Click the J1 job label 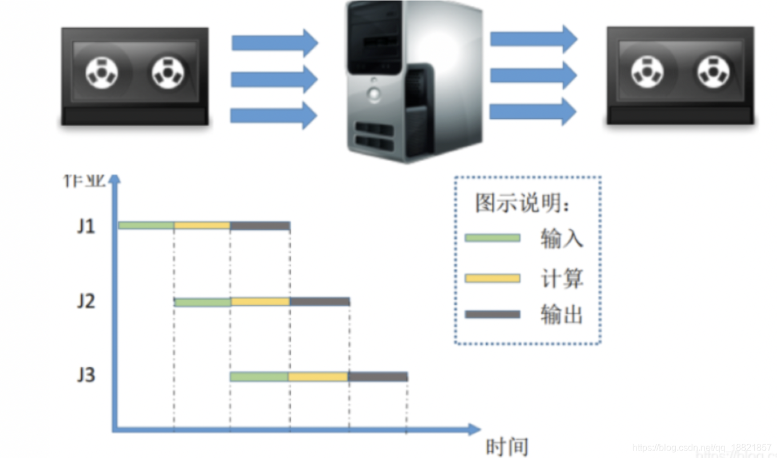tap(86, 226)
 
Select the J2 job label tap(86, 301)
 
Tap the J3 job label tap(86, 376)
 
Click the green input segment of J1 tap(146, 226)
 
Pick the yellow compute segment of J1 tap(202, 226)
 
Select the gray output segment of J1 tap(260, 226)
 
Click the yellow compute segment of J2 tap(261, 301)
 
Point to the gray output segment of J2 tap(320, 301)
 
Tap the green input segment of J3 tap(259, 376)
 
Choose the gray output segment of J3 tap(378, 376)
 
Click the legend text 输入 tap(562, 239)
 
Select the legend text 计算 tap(562, 278)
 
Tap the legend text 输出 tap(562, 314)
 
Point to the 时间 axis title tap(507, 447)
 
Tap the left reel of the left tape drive tap(102, 73)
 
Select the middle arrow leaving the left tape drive tap(274, 79)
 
